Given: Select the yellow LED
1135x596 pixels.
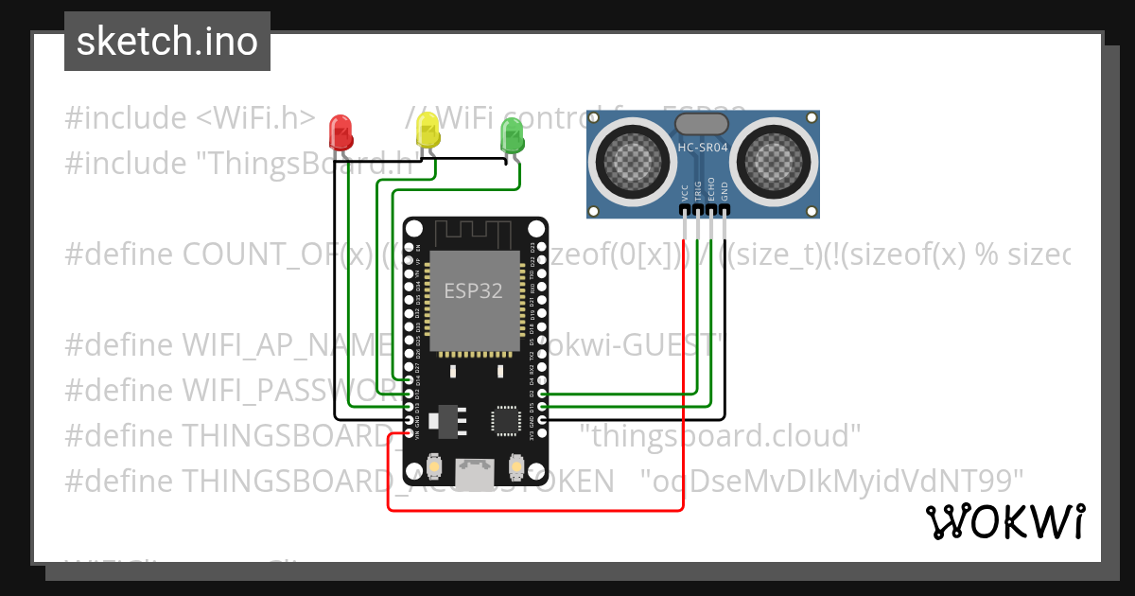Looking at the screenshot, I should coord(428,129).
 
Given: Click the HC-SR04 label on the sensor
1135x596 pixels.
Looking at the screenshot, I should coord(703,148).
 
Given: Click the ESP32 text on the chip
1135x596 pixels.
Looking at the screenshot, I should coord(474,290).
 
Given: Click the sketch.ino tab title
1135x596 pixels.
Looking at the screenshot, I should coord(166,42).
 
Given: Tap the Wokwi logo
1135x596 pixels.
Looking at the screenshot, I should coord(1004,522).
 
